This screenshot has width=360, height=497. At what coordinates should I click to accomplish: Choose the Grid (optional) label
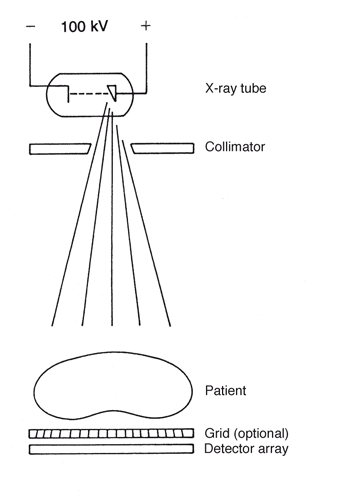tap(245, 433)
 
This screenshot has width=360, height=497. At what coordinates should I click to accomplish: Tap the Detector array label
tap(246, 449)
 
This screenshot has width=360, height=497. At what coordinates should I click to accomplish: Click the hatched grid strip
tap(110, 434)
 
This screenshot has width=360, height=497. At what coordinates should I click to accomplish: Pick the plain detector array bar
tap(110, 450)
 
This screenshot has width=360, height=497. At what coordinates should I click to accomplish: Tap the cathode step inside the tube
tap(67, 95)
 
